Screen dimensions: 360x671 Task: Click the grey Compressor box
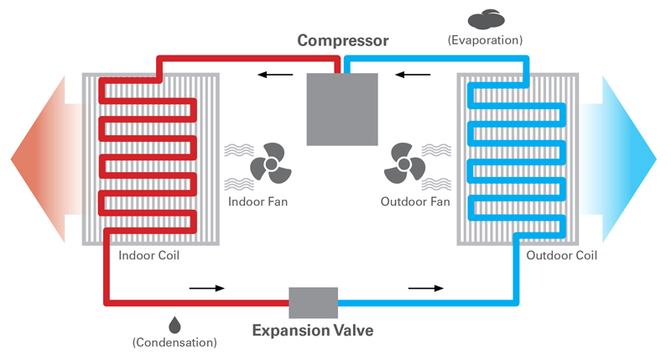(x=342, y=108)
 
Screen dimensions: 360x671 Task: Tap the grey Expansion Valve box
(x=313, y=302)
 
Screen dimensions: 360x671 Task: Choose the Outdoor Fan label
(x=415, y=202)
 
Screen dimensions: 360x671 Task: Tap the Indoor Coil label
(x=149, y=255)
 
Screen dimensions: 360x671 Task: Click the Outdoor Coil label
(x=560, y=255)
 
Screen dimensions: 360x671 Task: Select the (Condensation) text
(x=174, y=342)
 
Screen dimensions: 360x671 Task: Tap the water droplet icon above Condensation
(x=174, y=324)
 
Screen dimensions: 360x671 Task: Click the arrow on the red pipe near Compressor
(x=270, y=76)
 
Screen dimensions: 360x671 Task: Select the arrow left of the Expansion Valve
(x=207, y=288)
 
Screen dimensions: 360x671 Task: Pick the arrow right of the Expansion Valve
(x=426, y=288)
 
